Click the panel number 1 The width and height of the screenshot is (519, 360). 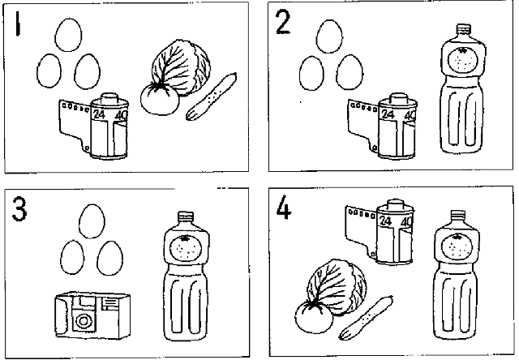18,24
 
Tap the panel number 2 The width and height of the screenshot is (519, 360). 283,22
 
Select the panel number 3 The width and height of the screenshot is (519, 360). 19,208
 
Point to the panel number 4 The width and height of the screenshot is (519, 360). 284,207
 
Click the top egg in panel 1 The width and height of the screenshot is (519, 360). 68,35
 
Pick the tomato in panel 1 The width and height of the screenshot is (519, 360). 159,99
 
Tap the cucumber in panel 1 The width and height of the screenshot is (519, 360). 211,96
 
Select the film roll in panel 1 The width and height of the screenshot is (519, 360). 94,126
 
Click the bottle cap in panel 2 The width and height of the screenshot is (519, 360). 463,29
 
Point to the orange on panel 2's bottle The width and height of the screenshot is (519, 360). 463,60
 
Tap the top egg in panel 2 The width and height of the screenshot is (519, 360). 329,36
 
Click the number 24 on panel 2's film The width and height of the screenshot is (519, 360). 388,114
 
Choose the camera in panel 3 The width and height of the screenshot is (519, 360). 92,315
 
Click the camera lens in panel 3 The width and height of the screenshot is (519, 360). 82,320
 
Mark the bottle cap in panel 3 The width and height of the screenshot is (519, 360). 186,216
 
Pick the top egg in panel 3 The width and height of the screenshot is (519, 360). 92,221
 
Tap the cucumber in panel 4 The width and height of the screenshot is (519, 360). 366,318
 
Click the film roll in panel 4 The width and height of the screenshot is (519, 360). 380,232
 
